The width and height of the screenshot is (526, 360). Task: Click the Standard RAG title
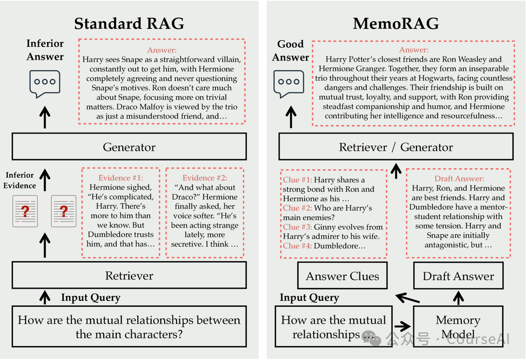point(129,24)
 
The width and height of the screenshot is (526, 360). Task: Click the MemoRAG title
point(396,24)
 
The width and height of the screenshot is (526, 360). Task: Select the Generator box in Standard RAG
point(129,147)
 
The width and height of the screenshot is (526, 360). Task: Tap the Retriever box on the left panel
point(129,276)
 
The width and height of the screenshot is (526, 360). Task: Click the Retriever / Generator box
point(396,147)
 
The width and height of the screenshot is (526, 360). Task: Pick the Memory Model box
point(458,327)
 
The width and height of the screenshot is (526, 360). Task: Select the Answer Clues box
point(342,276)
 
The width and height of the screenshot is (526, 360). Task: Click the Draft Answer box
point(458,276)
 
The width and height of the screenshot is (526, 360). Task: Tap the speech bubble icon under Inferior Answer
point(45,84)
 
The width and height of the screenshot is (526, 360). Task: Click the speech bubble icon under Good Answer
point(289,84)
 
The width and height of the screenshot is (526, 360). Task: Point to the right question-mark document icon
point(64,211)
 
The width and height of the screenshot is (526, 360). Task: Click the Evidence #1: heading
point(121,178)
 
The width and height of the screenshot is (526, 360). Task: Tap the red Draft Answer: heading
point(459,179)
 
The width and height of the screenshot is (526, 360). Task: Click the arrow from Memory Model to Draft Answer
point(458,298)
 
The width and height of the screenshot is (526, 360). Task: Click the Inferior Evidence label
point(20,180)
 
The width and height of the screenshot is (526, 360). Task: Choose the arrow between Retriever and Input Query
point(45,297)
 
